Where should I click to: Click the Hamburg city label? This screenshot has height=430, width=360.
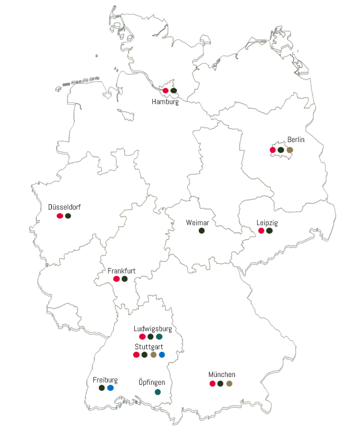[165, 102]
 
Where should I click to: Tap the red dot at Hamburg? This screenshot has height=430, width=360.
[166, 91]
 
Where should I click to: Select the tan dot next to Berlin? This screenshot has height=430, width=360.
[290, 150]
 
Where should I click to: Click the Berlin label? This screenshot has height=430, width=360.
[296, 140]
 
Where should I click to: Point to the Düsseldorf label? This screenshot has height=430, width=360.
[64, 207]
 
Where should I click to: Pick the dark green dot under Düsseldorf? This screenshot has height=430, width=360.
[68, 216]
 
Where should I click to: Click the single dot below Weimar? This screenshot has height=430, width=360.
[202, 231]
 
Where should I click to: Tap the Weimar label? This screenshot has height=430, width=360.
[197, 223]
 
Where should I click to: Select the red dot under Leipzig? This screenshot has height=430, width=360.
[261, 231]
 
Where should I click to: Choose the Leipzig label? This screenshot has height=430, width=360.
[267, 222]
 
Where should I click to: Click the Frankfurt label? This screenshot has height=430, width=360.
[121, 271]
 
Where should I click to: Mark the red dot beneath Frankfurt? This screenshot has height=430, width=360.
[116, 279]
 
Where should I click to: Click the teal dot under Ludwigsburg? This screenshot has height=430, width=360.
[159, 337]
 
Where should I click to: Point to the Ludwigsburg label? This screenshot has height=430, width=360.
[152, 329]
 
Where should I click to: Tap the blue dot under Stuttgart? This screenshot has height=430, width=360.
[162, 355]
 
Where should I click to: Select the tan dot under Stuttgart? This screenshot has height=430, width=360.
[154, 355]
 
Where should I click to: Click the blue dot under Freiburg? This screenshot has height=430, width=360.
[110, 388]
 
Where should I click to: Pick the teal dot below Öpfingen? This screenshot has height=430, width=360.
[158, 392]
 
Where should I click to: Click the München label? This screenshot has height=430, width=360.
[222, 375]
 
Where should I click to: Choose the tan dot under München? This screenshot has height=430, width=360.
[229, 384]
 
